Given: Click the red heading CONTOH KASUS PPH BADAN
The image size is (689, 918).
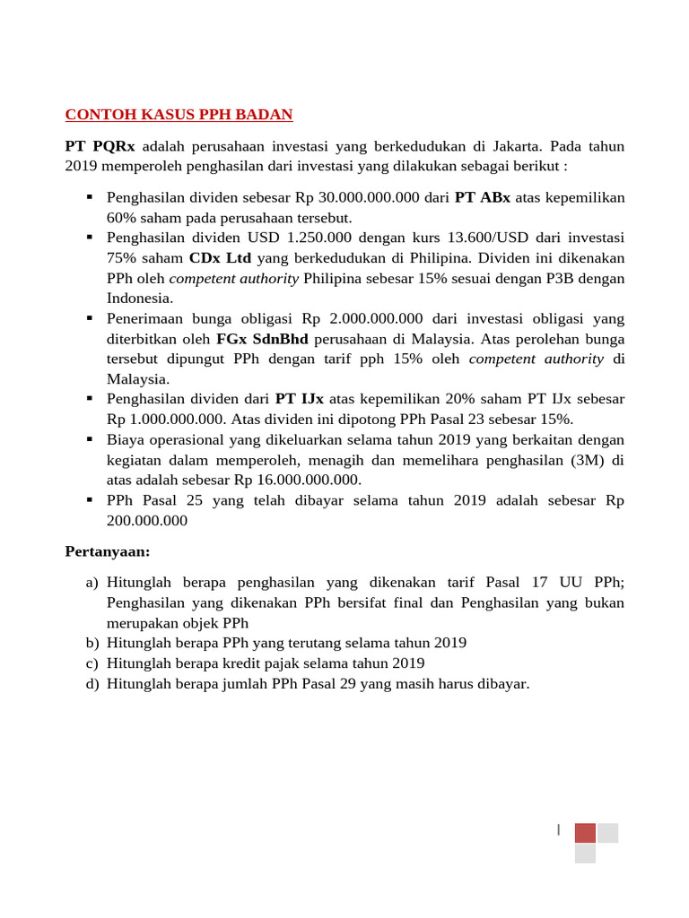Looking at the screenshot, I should pos(179,115).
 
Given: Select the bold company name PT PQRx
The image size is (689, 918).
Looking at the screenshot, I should pos(100,146).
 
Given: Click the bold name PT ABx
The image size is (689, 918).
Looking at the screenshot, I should pos(482,197).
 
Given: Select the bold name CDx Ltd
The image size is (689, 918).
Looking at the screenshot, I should pos(221,258).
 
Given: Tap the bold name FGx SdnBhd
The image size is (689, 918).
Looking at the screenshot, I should pos(262,339).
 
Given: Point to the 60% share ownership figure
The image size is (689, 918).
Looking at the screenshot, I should pos(121,218).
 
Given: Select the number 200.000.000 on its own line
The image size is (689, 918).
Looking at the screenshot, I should pos(147,520).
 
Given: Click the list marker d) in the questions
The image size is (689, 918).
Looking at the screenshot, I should pos(92,684).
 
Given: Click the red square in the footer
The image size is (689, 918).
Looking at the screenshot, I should pos(585,833).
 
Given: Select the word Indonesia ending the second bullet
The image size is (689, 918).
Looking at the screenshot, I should pos(139,299).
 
